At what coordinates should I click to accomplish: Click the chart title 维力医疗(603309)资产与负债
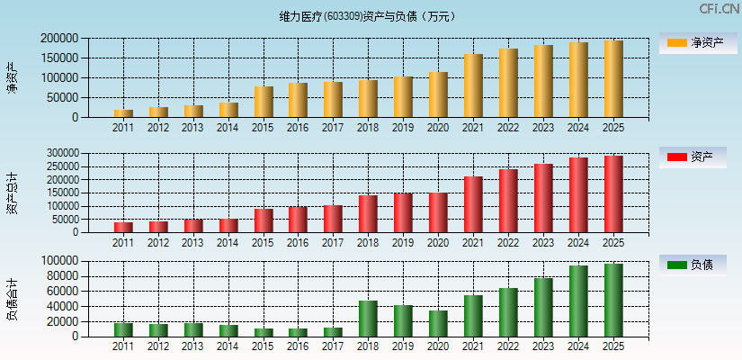click(x=368, y=16)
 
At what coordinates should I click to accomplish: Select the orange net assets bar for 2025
click(x=613, y=79)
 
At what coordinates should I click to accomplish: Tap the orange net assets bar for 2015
click(x=264, y=102)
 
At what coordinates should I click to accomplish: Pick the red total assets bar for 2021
click(x=473, y=204)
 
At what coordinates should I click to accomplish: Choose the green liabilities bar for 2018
click(x=368, y=319)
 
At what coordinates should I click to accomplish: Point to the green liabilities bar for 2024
click(x=578, y=301)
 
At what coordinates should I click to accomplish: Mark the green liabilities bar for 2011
click(x=123, y=329)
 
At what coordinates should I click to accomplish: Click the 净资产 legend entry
click(x=698, y=42)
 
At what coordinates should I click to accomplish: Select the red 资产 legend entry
click(x=698, y=157)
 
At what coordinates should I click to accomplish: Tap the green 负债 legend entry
click(x=698, y=265)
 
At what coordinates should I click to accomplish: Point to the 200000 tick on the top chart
click(x=59, y=39)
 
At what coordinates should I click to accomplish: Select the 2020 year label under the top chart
click(x=438, y=128)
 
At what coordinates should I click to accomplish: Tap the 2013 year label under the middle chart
click(x=193, y=243)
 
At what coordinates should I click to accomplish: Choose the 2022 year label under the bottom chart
click(x=508, y=346)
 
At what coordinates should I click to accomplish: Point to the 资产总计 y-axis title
click(x=12, y=193)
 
